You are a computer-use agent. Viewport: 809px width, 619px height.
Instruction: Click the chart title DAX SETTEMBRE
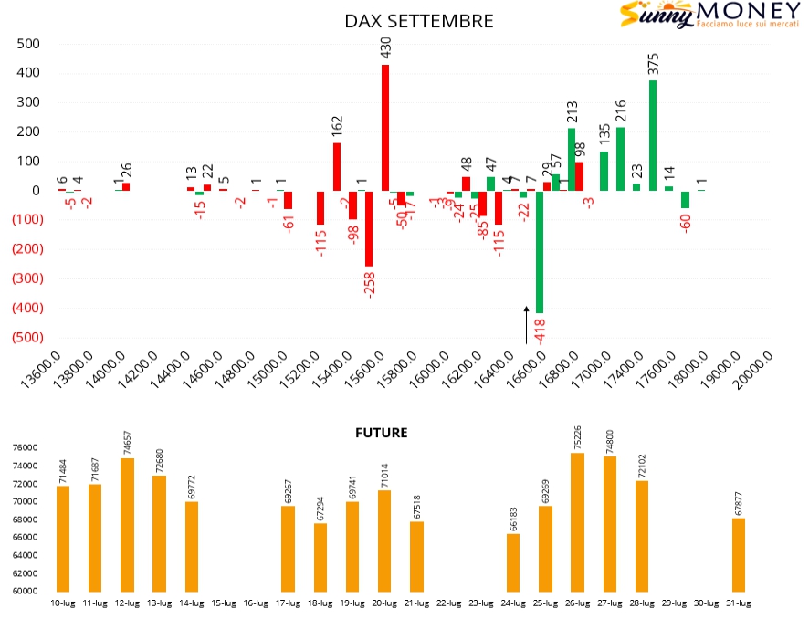(x=419, y=21)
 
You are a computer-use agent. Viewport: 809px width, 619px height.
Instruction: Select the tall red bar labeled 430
(x=385, y=128)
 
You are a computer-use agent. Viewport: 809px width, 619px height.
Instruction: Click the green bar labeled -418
(x=540, y=252)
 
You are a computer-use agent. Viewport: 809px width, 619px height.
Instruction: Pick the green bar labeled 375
(x=653, y=135)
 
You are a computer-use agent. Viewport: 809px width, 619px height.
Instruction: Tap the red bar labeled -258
(x=369, y=228)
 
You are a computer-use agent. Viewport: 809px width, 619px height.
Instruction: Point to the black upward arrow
(x=526, y=325)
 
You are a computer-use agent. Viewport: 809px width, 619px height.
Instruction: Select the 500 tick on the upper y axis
(x=27, y=44)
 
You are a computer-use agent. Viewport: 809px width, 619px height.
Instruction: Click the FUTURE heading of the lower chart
(x=381, y=433)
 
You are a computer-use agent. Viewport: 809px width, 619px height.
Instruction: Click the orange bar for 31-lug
(x=738, y=555)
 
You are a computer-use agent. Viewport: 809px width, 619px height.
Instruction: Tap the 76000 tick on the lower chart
(x=24, y=447)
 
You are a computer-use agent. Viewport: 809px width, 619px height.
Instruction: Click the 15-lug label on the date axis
(x=224, y=603)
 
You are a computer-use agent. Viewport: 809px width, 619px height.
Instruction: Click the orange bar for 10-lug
(x=63, y=539)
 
